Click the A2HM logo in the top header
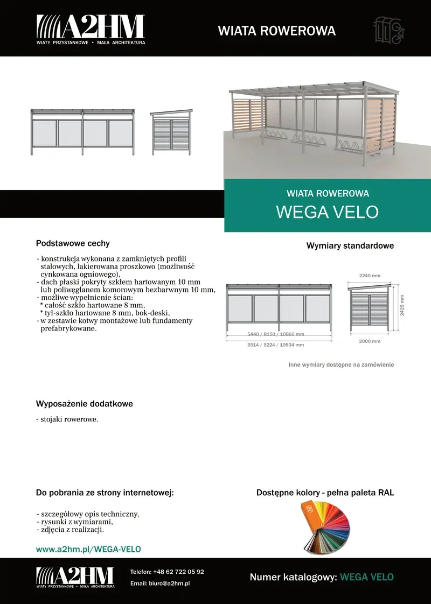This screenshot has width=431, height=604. click(91, 29)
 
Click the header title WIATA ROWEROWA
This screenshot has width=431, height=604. click(276, 31)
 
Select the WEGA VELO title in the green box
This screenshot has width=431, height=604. click(327, 212)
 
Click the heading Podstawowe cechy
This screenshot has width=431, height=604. click(73, 243)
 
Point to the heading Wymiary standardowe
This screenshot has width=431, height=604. click(350, 245)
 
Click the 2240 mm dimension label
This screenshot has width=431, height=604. click(370, 276)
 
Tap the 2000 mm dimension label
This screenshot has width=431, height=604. click(370, 341)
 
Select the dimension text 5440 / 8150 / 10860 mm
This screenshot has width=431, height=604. click(276, 334)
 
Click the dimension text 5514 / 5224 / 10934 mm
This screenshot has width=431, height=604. click(276, 345)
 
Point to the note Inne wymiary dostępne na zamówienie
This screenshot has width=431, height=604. click(341, 364)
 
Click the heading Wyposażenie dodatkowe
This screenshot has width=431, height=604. click(84, 404)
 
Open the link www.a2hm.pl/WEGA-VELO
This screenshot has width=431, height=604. click(88, 549)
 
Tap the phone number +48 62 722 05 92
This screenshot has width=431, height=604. click(178, 572)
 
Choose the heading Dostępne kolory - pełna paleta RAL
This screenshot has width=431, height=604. click(325, 493)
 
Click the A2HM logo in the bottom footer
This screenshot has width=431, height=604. click(75, 577)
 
